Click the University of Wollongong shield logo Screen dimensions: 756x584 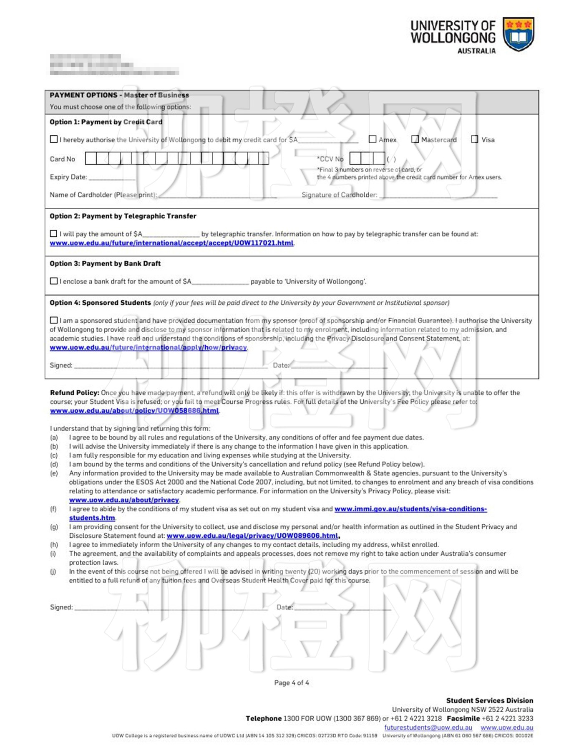click(x=518, y=34)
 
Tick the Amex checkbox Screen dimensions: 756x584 click(x=373, y=139)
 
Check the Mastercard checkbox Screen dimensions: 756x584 click(x=415, y=139)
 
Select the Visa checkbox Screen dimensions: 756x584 click(x=475, y=139)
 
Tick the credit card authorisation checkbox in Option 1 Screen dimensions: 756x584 click(x=54, y=139)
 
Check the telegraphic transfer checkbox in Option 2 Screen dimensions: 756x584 click(x=54, y=233)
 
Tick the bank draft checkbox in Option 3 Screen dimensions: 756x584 click(x=54, y=281)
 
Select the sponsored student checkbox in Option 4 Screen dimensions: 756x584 click(x=54, y=320)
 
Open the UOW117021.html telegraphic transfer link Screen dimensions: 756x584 click(x=171, y=243)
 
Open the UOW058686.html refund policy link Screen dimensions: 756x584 click(x=134, y=411)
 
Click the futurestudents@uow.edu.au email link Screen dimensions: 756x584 click(x=428, y=727)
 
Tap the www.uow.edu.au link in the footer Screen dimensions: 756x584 click(x=506, y=727)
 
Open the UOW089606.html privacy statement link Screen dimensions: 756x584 click(x=252, y=536)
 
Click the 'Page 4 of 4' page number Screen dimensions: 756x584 click(x=292, y=683)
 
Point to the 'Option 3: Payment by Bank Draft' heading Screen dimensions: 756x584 click(x=105, y=263)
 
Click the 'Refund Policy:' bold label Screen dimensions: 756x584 click(x=75, y=392)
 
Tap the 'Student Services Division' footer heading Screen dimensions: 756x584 click(x=489, y=700)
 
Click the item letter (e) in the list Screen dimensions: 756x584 click(x=54, y=473)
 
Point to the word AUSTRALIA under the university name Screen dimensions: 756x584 click(x=476, y=51)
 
